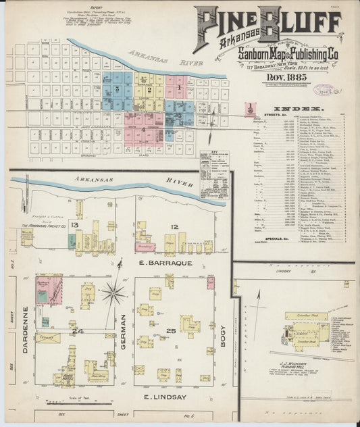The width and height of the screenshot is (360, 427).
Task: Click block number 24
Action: point(78,331)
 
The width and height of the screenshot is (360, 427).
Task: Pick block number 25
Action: point(170,330)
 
